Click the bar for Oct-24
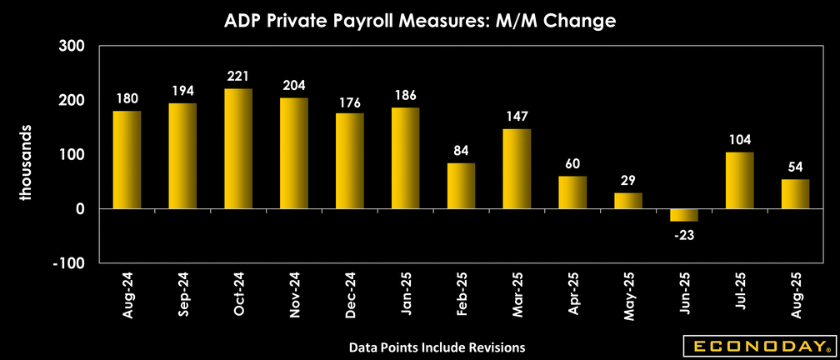238,148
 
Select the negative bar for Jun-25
684,215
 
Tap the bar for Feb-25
461,186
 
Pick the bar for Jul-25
740,180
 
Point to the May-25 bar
628,201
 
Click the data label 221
238,77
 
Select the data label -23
684,234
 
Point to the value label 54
795,167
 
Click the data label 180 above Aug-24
127,99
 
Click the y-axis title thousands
26,164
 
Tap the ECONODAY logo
757,345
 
